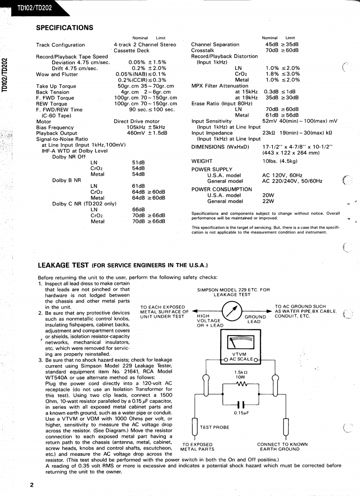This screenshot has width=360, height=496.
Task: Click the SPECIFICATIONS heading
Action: tap(65, 28)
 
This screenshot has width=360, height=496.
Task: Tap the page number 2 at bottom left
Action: tap(32, 485)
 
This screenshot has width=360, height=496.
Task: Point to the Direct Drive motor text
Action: tap(137, 121)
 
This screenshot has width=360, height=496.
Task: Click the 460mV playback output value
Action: tap(134, 133)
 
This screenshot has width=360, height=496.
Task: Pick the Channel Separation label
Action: tap(215, 45)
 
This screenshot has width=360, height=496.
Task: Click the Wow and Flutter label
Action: tap(57, 74)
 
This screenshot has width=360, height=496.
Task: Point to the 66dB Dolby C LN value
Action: tap(138, 210)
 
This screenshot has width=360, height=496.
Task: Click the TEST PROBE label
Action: tap(215, 427)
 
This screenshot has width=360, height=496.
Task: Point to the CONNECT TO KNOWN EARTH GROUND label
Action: tap(282, 446)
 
